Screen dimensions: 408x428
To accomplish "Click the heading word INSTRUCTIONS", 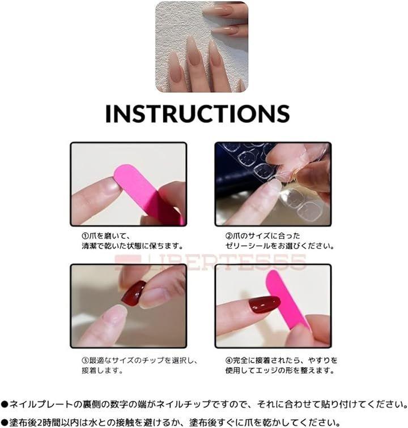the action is pyautogui.click(x=198, y=114).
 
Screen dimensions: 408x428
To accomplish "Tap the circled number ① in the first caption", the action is pyautogui.click(x=86, y=236).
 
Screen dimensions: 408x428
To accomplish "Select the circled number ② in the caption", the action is pyautogui.click(x=229, y=236).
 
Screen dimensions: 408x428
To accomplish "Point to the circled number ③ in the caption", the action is pyautogui.click(x=86, y=360).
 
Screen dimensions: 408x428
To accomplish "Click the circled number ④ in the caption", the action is pyautogui.click(x=229, y=360).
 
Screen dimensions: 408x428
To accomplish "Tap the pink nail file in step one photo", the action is pyautogui.click(x=147, y=192).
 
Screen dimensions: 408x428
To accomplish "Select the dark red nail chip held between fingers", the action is pyautogui.click(x=134, y=293).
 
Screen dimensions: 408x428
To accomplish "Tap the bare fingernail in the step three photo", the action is pyautogui.click(x=116, y=312).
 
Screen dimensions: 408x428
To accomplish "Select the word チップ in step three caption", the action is pyautogui.click(x=153, y=360).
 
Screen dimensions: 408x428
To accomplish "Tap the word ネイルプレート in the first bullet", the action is pyautogui.click(x=37, y=404).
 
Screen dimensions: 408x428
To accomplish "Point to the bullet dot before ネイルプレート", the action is pyautogui.click(x=5, y=404).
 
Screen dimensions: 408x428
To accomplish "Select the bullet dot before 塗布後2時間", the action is pyautogui.click(x=5, y=422).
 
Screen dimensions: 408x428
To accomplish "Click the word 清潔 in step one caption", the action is pyautogui.click(x=90, y=246).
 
